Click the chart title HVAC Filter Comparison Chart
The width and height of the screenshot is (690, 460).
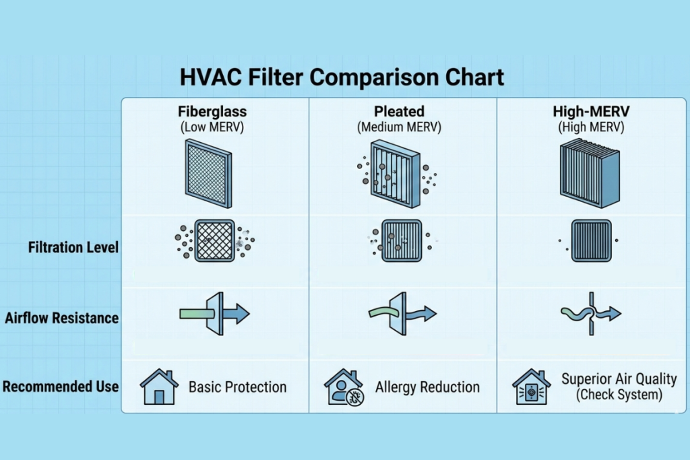(x=342, y=77)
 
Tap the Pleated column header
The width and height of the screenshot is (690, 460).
(x=399, y=112)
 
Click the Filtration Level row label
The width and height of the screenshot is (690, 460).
(x=73, y=247)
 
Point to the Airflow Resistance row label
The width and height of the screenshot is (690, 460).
(x=62, y=318)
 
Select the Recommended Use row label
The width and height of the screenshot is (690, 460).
(x=61, y=387)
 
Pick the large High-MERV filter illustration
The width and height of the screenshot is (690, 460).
(x=590, y=171)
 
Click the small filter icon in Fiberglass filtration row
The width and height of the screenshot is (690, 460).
(x=214, y=240)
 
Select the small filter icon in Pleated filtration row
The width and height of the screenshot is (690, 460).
(x=402, y=240)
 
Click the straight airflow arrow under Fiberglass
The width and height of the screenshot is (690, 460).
(x=214, y=313)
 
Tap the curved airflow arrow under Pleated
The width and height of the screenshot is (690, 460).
(x=403, y=313)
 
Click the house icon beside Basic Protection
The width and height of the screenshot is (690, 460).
(x=158, y=387)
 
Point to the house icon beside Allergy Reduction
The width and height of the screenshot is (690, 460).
(x=344, y=387)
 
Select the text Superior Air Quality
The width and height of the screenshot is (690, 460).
(x=619, y=379)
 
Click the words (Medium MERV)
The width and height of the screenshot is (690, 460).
(x=399, y=127)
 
